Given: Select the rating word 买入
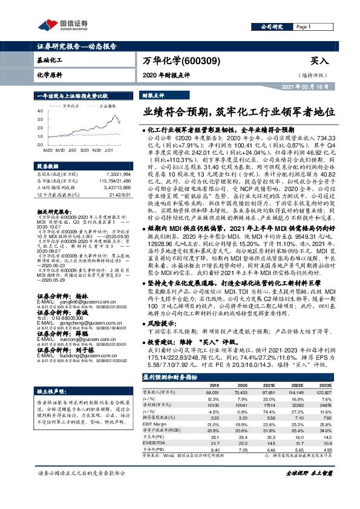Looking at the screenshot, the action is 318,61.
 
